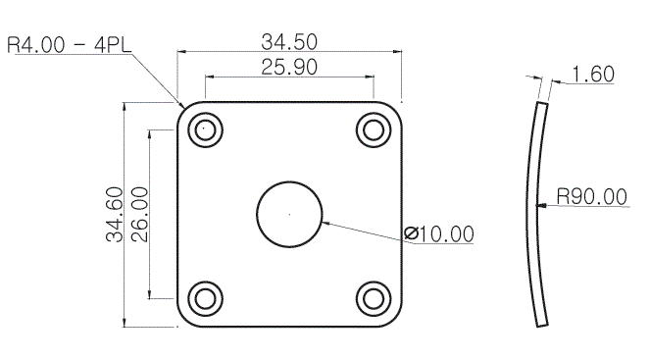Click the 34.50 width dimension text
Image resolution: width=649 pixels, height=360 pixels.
pos(289,42)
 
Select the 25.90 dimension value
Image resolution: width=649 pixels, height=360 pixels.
pos(289,67)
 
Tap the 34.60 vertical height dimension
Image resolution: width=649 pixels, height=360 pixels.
pos(115,214)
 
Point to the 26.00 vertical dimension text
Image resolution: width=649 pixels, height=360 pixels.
pos(139,214)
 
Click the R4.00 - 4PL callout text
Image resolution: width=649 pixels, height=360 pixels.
pos(70,45)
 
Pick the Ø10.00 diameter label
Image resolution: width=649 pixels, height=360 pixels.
pos(439,234)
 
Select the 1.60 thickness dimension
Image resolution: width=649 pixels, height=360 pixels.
pos(593,75)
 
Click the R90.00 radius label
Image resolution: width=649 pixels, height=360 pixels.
pos(592,196)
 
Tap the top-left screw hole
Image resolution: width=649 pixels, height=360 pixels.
pos(205,129)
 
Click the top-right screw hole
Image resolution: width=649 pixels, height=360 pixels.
pos(374,129)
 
